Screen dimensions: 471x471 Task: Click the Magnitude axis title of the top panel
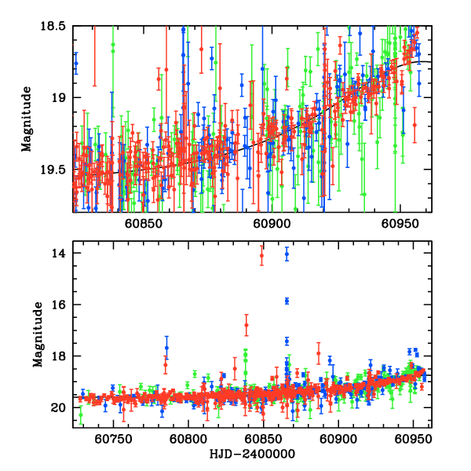[27, 119]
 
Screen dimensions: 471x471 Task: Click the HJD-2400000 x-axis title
[251, 455]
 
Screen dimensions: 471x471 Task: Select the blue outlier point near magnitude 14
[287, 254]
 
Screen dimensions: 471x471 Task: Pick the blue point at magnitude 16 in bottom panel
[287, 301]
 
